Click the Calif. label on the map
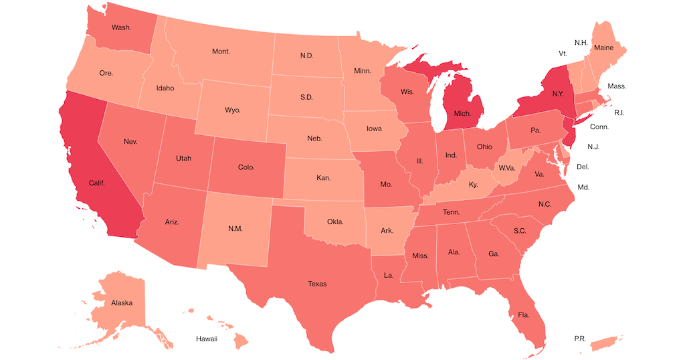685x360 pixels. [97, 182]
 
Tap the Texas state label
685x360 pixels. [317, 284]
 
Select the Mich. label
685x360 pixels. [462, 114]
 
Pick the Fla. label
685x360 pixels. [523, 314]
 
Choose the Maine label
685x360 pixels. [603, 48]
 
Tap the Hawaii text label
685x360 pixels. [207, 339]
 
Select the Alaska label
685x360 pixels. [122, 302]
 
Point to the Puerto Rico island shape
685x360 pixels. [610, 342]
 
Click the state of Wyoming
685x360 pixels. [232, 108]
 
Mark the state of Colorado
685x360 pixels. [246, 167]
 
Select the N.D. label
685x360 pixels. [306, 56]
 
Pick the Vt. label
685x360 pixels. [563, 53]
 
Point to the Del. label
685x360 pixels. [583, 166]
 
